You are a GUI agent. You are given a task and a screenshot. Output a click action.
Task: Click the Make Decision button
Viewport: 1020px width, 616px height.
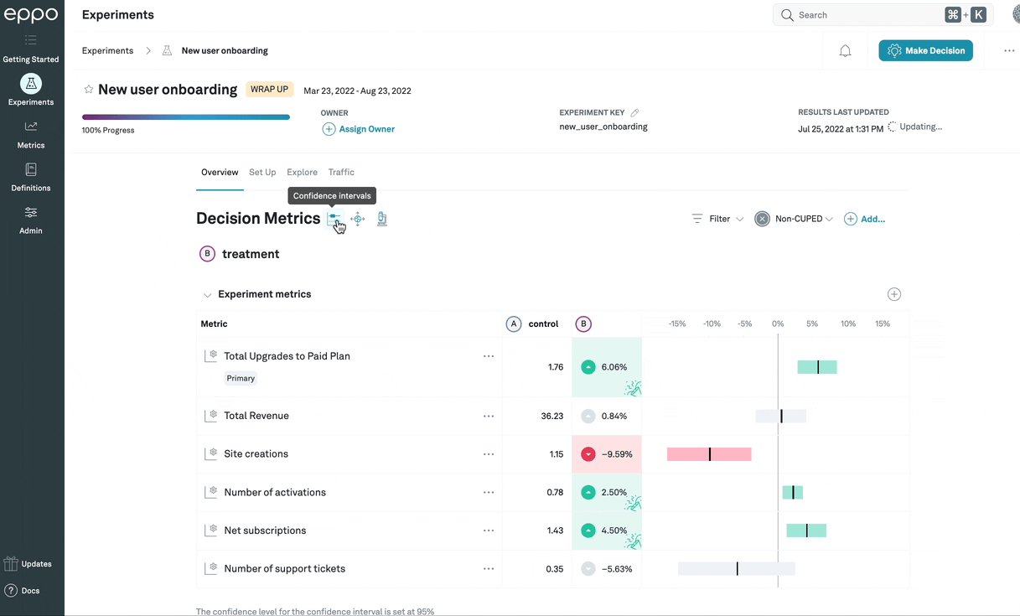click(925, 51)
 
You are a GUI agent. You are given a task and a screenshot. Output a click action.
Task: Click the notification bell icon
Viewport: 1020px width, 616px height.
click(845, 51)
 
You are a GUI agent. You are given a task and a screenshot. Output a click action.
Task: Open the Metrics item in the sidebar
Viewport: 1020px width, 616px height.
click(31, 134)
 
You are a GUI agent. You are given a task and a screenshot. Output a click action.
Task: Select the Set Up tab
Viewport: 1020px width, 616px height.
click(262, 172)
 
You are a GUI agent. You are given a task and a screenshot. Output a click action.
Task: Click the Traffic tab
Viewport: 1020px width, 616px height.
click(341, 172)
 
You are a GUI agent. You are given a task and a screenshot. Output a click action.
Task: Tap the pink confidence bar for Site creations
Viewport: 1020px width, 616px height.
click(709, 454)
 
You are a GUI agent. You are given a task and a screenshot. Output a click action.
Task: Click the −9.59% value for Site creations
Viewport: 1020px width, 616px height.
click(617, 454)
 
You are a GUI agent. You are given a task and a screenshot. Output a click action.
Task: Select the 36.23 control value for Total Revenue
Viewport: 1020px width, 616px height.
click(552, 416)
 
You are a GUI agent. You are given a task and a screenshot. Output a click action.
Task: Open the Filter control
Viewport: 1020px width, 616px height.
click(718, 219)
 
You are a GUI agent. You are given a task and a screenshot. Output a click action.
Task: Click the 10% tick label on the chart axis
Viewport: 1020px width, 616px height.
click(848, 324)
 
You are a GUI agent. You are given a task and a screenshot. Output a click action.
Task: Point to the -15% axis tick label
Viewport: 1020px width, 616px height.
click(677, 324)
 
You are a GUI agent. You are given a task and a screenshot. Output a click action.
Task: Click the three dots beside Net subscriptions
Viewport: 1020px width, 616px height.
click(489, 531)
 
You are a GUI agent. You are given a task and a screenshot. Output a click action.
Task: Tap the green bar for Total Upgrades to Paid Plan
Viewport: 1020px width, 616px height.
click(817, 367)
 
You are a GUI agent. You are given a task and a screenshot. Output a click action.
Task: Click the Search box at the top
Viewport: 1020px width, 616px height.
click(863, 15)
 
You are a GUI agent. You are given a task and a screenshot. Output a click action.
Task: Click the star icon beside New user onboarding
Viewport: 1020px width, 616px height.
click(89, 90)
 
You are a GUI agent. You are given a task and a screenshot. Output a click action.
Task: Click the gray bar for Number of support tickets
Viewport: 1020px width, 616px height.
click(737, 569)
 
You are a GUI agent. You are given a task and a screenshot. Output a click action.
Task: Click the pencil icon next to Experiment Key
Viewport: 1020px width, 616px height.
click(634, 112)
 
